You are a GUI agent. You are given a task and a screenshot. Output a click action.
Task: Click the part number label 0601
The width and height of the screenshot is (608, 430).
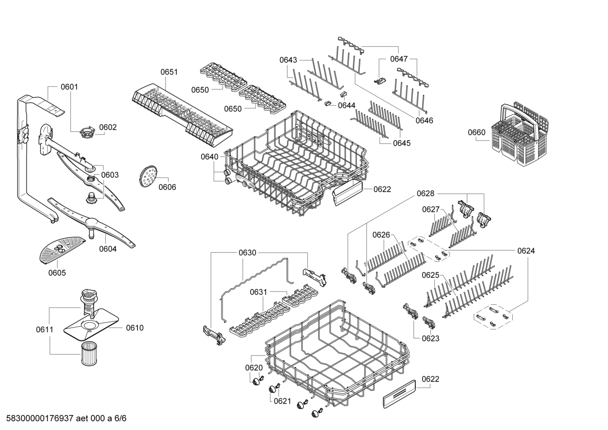pos(69,87)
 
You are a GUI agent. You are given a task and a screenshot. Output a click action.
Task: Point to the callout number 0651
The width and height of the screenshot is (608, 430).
pos(169,72)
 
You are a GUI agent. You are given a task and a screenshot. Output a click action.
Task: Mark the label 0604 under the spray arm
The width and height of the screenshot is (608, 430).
pos(108,249)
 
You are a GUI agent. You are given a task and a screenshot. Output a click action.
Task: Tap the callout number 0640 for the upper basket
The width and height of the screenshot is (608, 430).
pos(210,157)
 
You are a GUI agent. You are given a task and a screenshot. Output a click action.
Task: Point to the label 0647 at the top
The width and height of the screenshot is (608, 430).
pos(398,59)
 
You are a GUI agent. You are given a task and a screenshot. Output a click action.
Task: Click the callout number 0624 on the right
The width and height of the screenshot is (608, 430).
pos(526,251)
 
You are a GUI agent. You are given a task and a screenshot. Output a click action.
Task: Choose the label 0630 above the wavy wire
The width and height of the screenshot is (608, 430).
pos(248,253)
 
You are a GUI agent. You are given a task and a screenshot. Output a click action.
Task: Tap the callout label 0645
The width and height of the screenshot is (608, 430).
pos(401,143)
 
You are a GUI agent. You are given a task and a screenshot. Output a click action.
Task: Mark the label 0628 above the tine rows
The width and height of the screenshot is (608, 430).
pos(425,193)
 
